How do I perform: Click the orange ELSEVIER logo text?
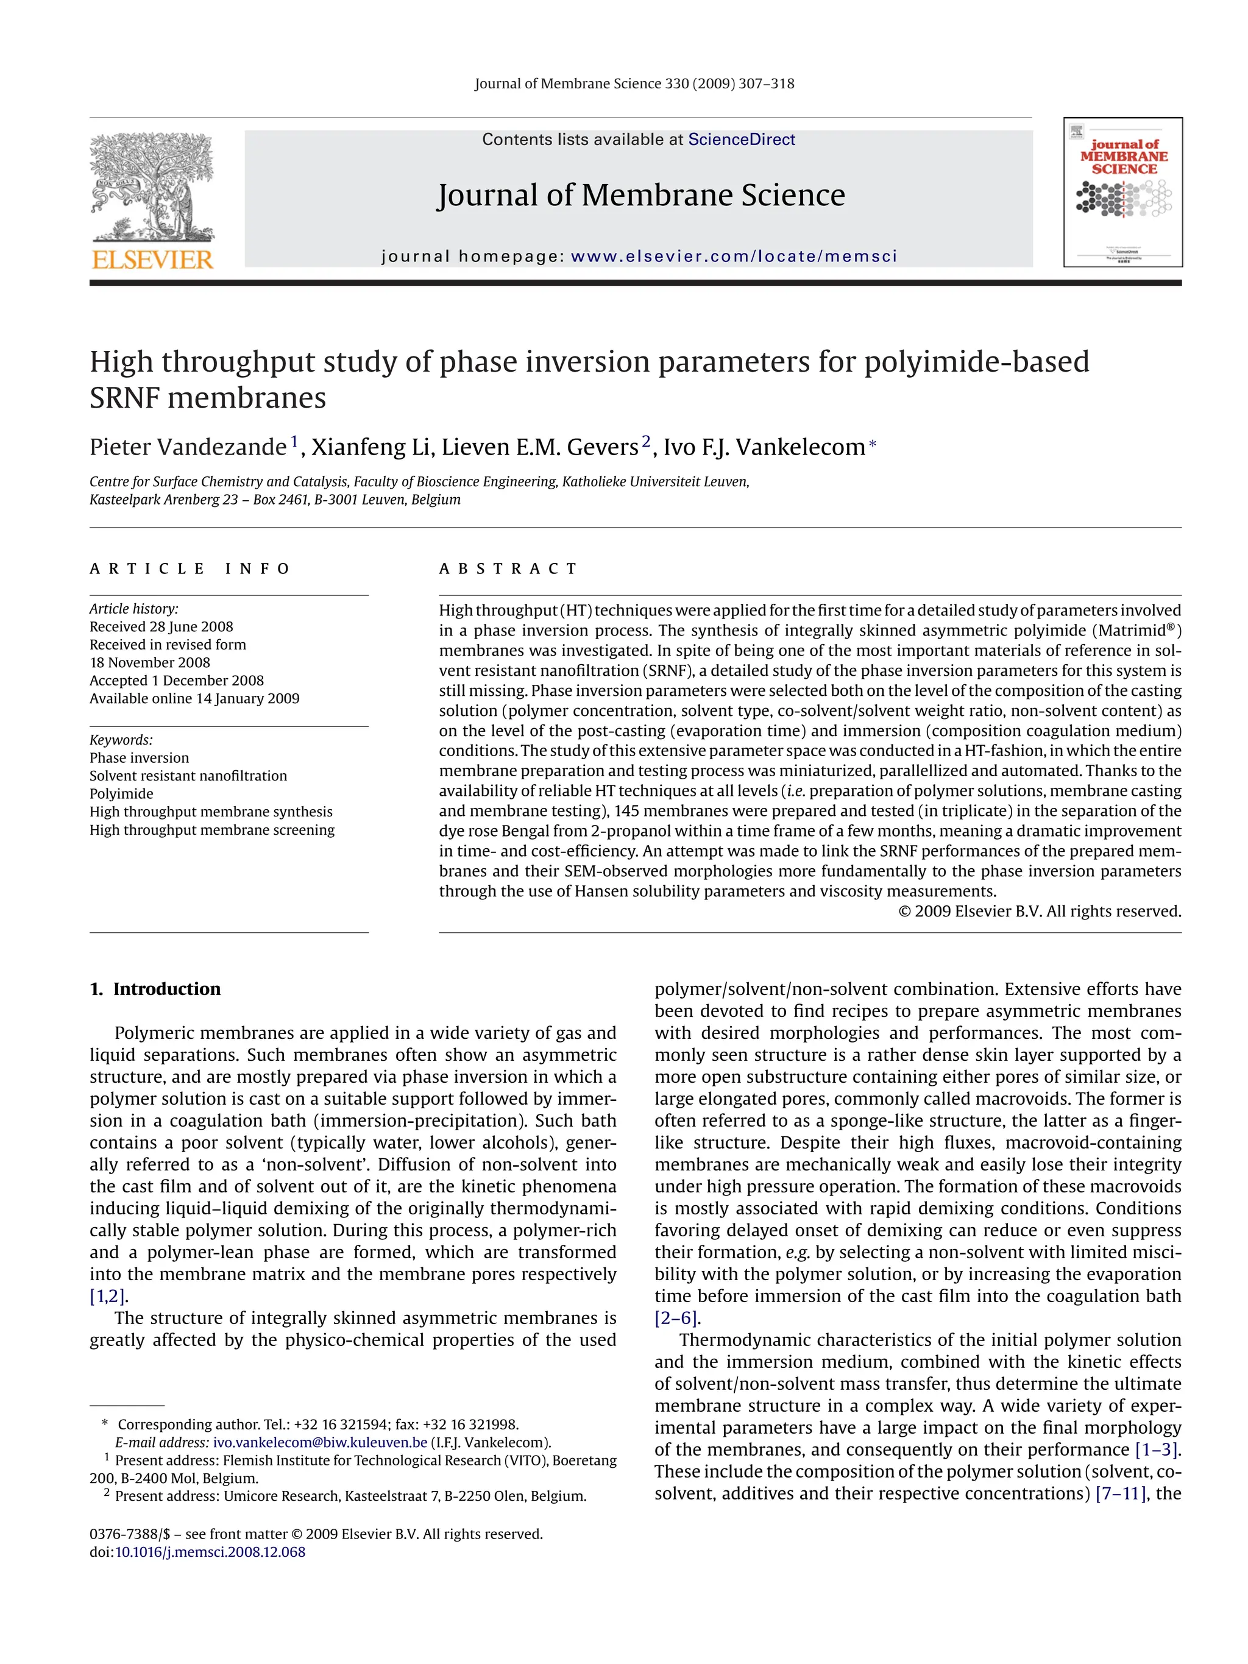pos(153,260)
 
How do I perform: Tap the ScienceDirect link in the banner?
pos(741,140)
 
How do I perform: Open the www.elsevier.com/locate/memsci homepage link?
pos(734,257)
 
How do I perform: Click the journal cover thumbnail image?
pos(1122,193)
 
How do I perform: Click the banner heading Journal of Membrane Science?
pos(641,196)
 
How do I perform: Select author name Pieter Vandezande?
pos(188,448)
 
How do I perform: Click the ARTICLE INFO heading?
pos(190,568)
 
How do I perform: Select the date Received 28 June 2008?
pos(161,626)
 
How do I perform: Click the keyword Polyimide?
pos(121,794)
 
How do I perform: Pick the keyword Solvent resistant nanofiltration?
pos(188,776)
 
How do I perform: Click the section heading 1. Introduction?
pos(156,990)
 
